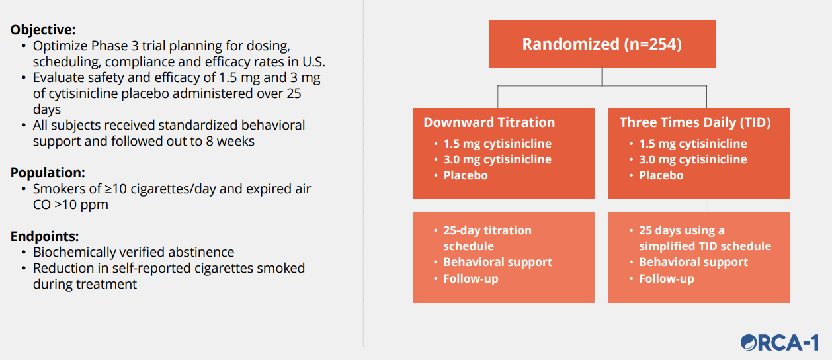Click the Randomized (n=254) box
point(602,44)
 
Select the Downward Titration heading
point(489,122)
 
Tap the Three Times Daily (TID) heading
point(695,122)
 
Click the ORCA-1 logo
point(779,342)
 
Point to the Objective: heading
point(43,30)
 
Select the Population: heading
point(48,173)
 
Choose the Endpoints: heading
point(44,236)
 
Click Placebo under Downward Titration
point(466,175)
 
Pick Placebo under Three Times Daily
point(661,175)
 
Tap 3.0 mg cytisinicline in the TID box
point(692,159)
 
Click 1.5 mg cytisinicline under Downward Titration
point(497,144)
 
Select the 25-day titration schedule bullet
point(487,238)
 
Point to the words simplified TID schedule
point(705,246)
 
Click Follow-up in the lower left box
point(471,278)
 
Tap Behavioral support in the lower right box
point(694,262)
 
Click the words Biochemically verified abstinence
point(134,252)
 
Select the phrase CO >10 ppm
point(71,204)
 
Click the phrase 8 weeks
point(230,141)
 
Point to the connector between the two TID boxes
point(706,205)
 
